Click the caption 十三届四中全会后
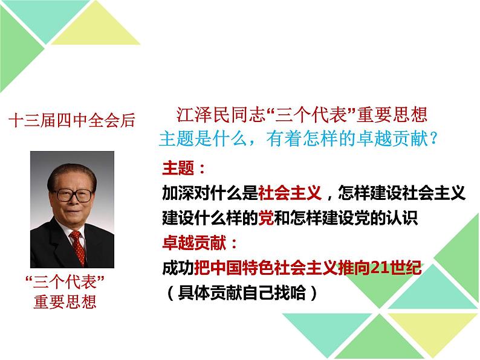point(71,120)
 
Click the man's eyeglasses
point(73,194)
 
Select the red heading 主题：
point(184,167)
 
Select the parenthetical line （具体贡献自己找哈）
point(242,294)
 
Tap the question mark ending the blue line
point(432,138)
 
